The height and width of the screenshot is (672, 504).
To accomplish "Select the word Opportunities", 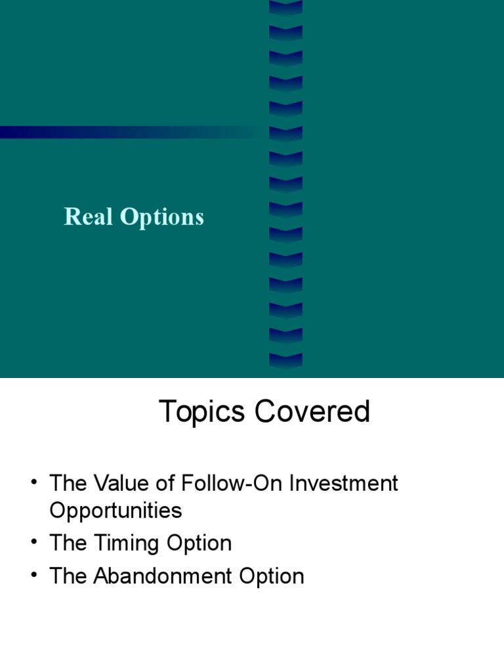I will click(115, 511).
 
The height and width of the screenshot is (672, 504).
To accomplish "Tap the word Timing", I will click(123, 544).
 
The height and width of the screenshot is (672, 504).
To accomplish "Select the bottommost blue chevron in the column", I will click(285, 360).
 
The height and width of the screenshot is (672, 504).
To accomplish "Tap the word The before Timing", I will click(68, 544).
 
